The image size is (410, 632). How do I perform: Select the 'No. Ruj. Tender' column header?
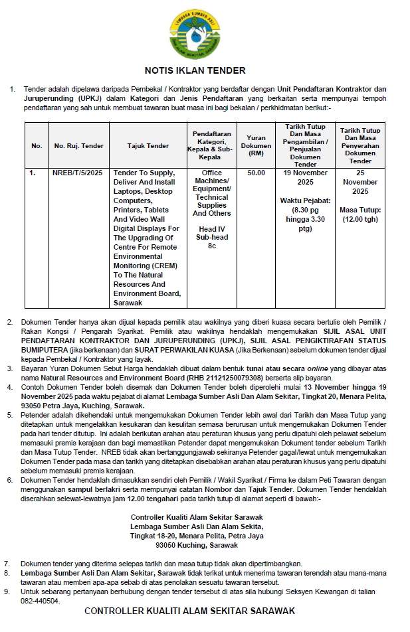click(78, 146)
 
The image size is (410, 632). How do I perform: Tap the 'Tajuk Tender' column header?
click(148, 146)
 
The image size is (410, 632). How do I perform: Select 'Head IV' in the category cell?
click(211, 229)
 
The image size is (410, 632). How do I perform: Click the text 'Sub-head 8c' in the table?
click(211, 241)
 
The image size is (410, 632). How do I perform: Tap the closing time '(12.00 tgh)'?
click(360, 220)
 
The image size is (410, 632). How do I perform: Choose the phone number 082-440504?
click(40, 601)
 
